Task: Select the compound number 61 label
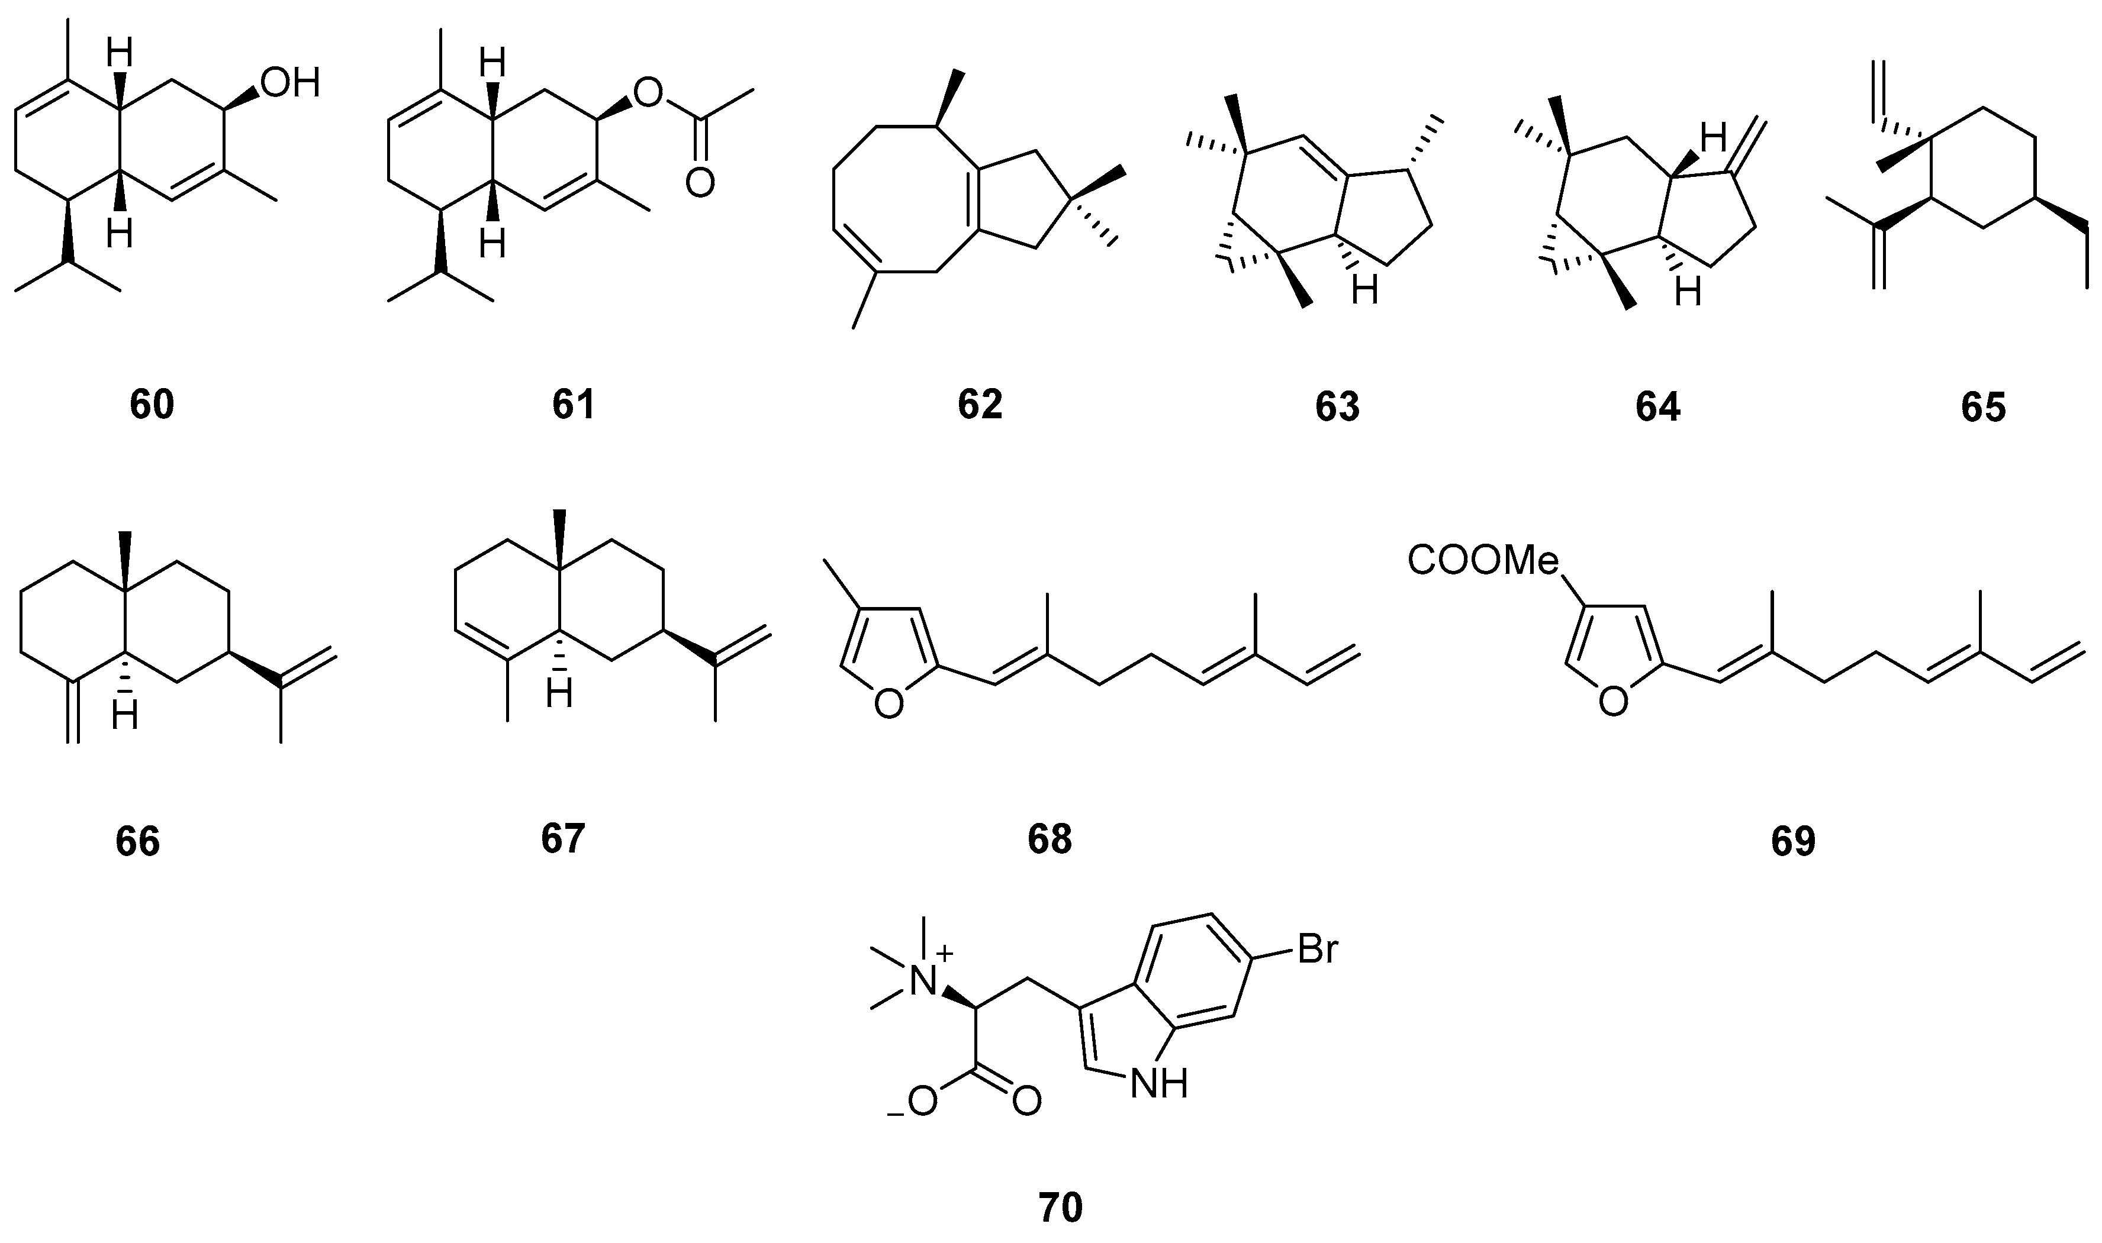pos(573,405)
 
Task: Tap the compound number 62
pos(980,405)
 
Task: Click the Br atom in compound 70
pos(1317,951)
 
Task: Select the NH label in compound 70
pos(1158,1086)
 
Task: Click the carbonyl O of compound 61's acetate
pos(700,183)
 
